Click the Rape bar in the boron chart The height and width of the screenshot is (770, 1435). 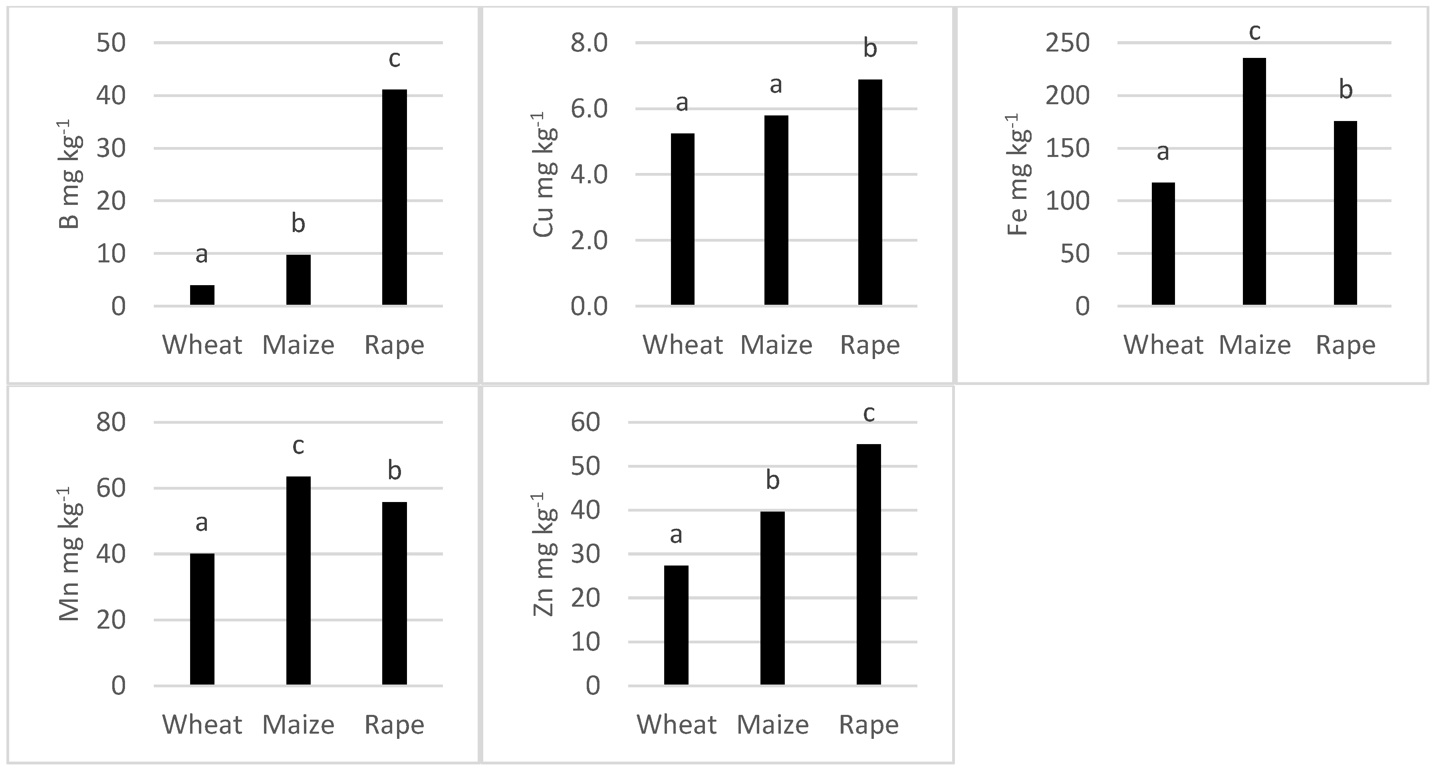395,197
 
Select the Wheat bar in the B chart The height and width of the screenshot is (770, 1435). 202,295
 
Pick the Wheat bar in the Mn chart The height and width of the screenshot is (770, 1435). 202,619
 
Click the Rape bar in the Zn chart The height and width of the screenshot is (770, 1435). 868,564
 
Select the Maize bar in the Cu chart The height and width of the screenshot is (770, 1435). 776,210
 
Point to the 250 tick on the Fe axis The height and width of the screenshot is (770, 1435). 1067,43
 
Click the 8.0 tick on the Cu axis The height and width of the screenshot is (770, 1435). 589,43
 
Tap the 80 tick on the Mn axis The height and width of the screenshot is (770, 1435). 111,422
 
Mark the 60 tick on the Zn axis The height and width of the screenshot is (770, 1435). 585,422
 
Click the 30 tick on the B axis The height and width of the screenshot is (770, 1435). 111,149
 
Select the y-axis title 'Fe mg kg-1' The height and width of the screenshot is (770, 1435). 1019,175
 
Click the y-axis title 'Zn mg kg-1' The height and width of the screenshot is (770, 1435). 545,554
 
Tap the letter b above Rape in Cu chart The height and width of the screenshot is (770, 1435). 869,48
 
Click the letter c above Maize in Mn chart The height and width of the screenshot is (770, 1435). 298,446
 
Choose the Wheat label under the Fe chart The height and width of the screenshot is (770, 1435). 1163,345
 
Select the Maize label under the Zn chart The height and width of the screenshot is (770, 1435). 773,725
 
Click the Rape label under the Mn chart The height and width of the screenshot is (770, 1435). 395,725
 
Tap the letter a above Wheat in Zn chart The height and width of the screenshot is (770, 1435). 676,535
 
